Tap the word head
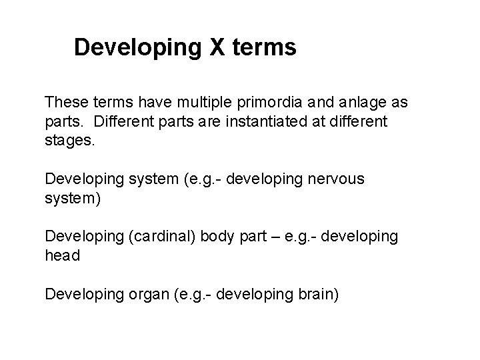62,255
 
